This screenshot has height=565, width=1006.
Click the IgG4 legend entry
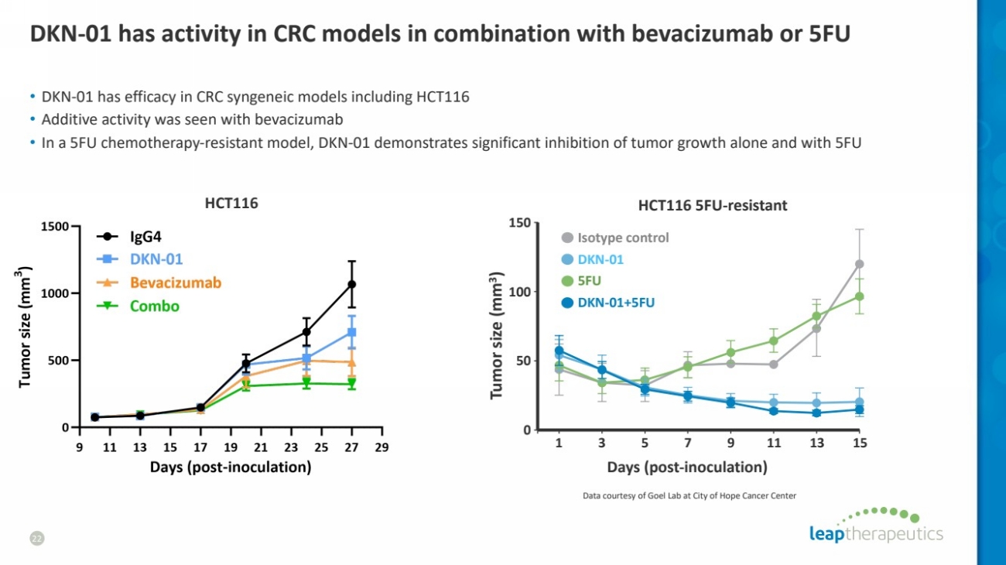tap(145, 238)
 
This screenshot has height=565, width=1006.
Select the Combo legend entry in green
tap(154, 306)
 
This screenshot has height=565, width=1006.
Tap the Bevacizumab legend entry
tap(175, 282)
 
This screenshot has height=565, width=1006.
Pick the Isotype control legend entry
tap(623, 238)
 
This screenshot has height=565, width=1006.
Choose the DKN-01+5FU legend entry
tap(616, 302)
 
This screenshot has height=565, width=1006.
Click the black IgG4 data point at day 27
tap(352, 284)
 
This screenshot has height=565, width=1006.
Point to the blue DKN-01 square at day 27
tap(352, 332)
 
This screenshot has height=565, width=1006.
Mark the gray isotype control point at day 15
tap(859, 264)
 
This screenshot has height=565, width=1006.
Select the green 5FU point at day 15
tap(859, 296)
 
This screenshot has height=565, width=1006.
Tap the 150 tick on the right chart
tap(519, 224)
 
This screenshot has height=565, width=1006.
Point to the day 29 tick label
tap(382, 447)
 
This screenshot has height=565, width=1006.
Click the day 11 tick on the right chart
tap(774, 443)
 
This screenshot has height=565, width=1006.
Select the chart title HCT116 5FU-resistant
tap(712, 205)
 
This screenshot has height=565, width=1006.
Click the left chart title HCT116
tap(231, 204)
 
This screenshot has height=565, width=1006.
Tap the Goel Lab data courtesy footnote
tap(689, 495)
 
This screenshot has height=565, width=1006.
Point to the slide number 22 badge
tap(36, 537)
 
